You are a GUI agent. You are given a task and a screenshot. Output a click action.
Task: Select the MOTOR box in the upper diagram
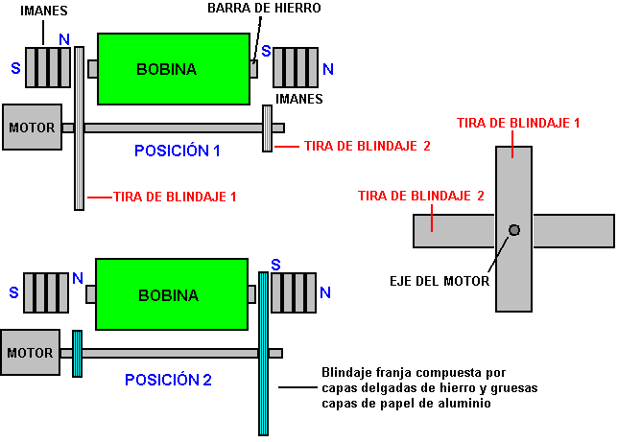click(x=33, y=127)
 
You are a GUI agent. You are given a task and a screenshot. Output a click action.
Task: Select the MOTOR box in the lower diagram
click(x=31, y=353)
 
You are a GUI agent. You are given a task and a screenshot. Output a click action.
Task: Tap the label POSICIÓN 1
click(x=178, y=151)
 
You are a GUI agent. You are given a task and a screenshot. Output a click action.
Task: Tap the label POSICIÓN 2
click(x=168, y=380)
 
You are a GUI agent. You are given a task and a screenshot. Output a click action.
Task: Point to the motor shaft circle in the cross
click(x=514, y=230)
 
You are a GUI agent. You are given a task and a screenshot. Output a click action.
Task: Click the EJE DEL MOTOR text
click(x=441, y=281)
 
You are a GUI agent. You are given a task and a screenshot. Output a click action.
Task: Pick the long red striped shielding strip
click(x=263, y=353)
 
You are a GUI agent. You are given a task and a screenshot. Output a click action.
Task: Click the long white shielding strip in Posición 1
click(x=79, y=128)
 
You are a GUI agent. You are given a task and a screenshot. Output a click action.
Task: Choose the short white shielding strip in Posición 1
click(x=267, y=128)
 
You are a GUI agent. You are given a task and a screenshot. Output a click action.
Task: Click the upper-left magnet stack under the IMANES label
click(x=48, y=67)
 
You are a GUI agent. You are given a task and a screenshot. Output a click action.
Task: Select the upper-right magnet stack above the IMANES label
click(x=296, y=67)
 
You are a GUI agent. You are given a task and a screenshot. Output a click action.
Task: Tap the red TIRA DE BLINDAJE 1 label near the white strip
click(x=174, y=197)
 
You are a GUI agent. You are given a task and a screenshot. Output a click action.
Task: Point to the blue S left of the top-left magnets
click(x=15, y=69)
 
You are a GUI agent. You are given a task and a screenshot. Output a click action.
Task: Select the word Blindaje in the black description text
click(x=345, y=372)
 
